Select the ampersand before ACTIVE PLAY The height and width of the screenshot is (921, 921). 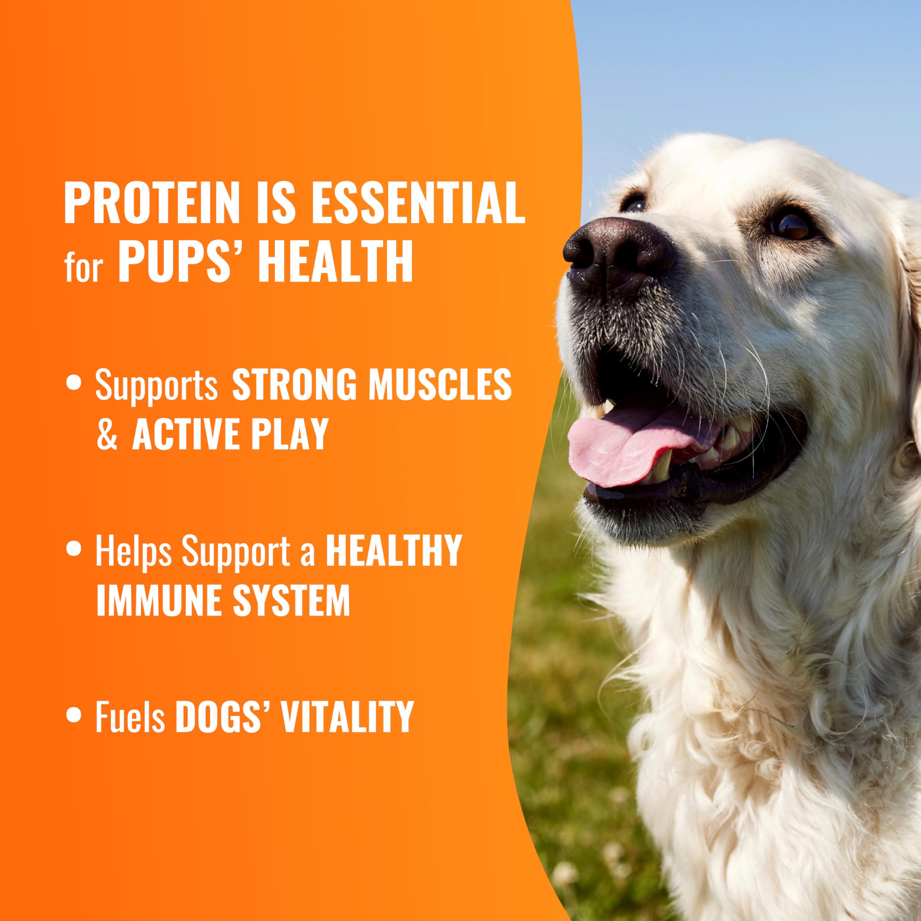(x=107, y=437)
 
